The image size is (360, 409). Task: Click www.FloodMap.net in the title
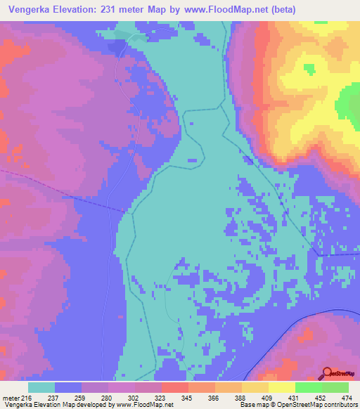point(222,10)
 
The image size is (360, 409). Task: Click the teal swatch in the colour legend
point(41,387)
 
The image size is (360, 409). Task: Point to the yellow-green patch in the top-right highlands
point(310,68)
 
